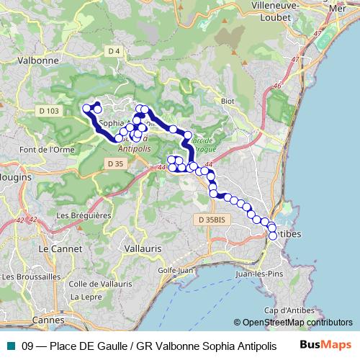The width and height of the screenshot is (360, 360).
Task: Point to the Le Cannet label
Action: pos(55,248)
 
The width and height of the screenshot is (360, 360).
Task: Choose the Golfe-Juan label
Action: pos(186,270)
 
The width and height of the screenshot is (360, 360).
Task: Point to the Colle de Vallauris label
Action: pos(98,283)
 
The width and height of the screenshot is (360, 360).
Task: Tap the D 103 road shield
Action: pos(49,110)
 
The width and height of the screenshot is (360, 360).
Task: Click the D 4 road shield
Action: pos(114,50)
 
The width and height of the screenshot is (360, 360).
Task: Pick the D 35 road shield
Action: pos(114,163)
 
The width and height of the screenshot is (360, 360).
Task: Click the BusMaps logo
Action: pos(320,345)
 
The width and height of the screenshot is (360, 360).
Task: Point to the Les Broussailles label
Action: pos(31,276)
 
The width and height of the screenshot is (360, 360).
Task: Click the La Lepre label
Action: pos(86,296)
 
